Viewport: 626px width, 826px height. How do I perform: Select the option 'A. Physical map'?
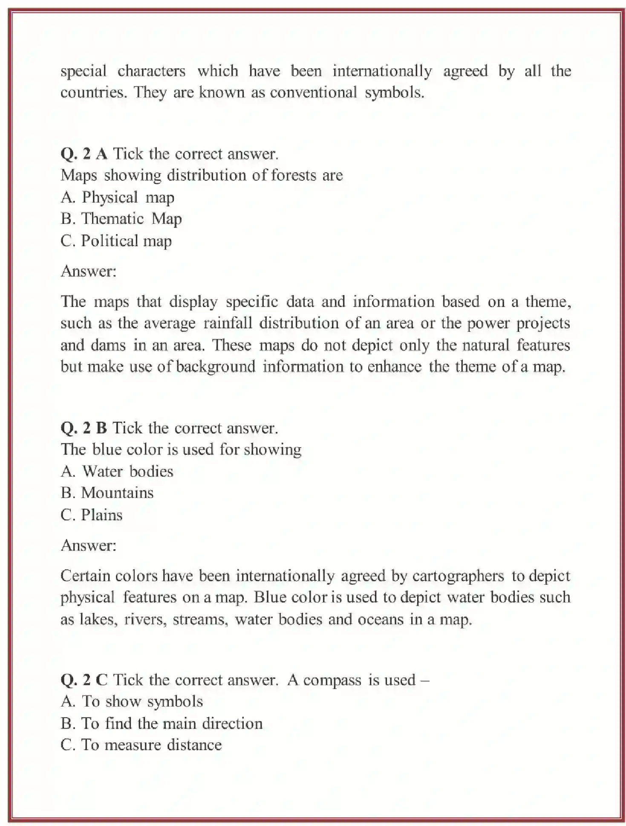[117, 197]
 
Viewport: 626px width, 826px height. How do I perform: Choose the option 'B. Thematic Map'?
[121, 219]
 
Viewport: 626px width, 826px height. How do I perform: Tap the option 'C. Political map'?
[116, 241]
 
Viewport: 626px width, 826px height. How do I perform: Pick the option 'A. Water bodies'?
[117, 472]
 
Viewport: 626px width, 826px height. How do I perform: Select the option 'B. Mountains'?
[107, 493]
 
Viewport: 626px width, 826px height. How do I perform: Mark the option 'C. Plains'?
[91, 515]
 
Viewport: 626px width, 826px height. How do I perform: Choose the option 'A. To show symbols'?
[132, 702]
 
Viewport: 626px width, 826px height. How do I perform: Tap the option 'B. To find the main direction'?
[162, 724]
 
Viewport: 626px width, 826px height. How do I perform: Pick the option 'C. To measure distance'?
[141, 745]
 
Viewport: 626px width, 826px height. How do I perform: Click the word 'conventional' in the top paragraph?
[313, 93]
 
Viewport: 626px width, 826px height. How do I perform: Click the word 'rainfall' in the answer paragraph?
[228, 323]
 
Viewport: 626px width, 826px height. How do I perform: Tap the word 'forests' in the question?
[294, 176]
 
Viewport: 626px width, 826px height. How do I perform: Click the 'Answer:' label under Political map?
[89, 271]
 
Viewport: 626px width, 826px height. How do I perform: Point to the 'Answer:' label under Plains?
[89, 545]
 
